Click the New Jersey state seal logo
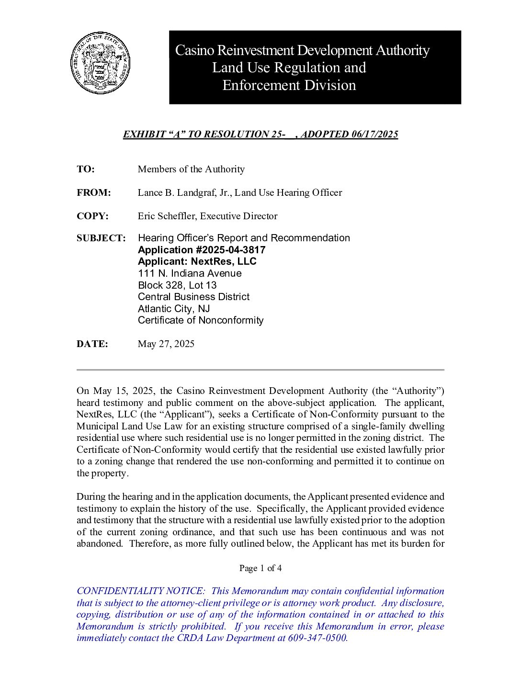(x=101, y=64)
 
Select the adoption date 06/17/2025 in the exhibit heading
(x=374, y=135)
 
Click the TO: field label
(x=86, y=169)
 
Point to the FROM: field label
(x=93, y=193)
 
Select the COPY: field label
(x=92, y=216)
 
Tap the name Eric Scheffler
(x=167, y=216)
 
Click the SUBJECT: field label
(x=101, y=238)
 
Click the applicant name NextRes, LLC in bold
(x=224, y=261)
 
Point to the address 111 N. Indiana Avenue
(x=190, y=273)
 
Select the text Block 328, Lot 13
(x=177, y=285)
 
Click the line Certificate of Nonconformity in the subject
(x=201, y=320)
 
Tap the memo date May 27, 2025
(x=166, y=344)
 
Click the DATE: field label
(x=92, y=344)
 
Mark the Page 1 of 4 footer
(x=260, y=568)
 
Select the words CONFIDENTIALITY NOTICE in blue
(x=141, y=591)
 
